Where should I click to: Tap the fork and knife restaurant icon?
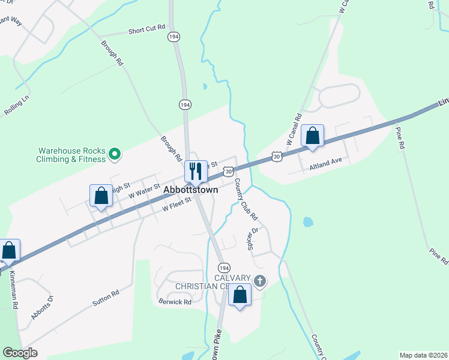tap(195, 172)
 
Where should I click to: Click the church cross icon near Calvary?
tap(259, 280)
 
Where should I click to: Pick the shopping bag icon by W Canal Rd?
tap(312, 136)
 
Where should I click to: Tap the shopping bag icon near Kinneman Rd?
tap(8, 251)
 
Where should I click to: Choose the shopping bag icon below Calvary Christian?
tap(240, 295)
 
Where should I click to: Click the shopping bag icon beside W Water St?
tap(101, 196)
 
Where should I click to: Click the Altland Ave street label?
tap(325, 161)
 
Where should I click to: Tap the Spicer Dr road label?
tap(252, 239)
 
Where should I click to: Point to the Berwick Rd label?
tap(175, 301)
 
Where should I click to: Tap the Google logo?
tap(20, 353)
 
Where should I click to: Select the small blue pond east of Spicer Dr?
tap(308, 222)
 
